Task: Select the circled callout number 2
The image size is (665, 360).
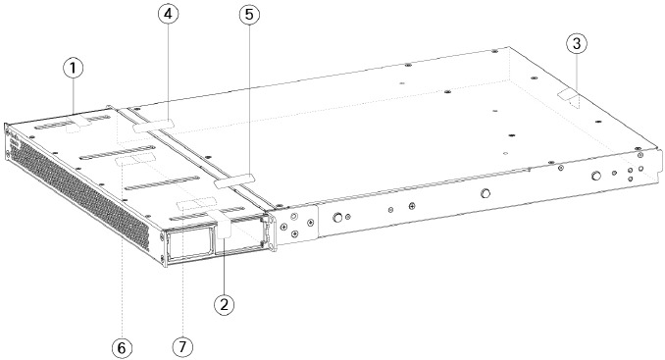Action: [225, 304]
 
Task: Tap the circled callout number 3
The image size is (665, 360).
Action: [578, 43]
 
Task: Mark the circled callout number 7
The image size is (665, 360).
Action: [180, 347]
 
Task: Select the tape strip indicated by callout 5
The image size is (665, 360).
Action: [234, 180]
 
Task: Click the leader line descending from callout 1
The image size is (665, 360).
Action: [75, 98]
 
